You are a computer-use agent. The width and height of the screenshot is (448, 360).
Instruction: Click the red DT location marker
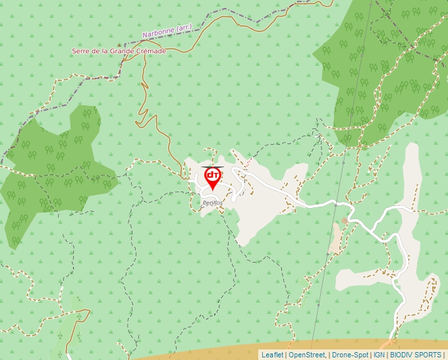[213, 177]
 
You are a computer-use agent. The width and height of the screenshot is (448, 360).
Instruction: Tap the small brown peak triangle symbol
[120, 45]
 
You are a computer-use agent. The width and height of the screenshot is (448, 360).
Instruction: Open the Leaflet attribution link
[272, 355]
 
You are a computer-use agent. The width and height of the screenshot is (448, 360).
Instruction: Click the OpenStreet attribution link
[307, 355]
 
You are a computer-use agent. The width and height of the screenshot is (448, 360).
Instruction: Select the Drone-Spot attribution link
[350, 355]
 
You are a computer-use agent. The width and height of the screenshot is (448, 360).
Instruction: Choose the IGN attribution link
[379, 355]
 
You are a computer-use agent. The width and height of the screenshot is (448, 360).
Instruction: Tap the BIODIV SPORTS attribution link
[416, 355]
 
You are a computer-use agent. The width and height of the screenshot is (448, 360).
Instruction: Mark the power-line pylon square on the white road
[335, 205]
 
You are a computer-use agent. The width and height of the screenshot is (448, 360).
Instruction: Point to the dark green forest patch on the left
[53, 171]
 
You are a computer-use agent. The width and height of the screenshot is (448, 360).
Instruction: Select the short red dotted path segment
[210, 168]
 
